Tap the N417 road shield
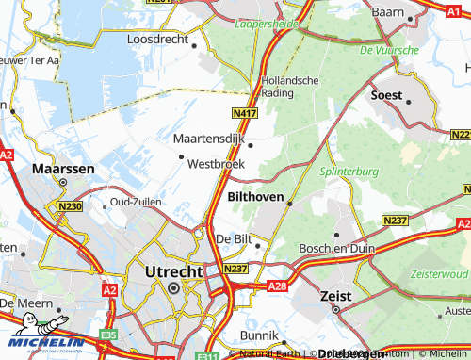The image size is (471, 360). [x=246, y=114]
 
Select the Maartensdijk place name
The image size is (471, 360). [x=208, y=139]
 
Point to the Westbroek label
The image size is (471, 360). [x=216, y=163]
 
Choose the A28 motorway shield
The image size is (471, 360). [x=277, y=284]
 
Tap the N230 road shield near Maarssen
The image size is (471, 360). [x=69, y=207]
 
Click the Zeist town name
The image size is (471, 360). [x=330, y=295]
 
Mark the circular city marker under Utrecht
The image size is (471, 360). [x=172, y=288]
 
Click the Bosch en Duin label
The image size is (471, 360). [x=332, y=248]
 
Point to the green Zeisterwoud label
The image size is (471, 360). [x=438, y=272]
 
